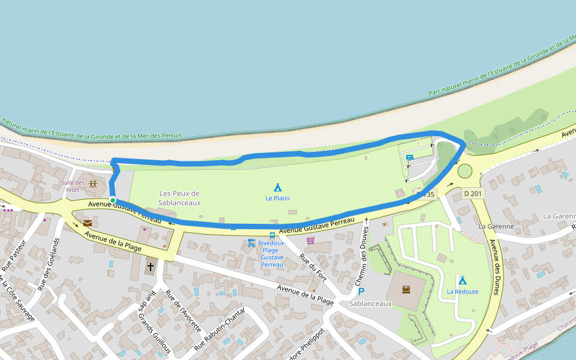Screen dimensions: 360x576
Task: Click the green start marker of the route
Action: (x=112, y=200)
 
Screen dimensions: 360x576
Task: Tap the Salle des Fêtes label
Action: (x=71, y=186)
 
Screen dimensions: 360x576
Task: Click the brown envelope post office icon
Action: (x=88, y=223)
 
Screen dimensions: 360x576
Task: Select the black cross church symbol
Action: (x=151, y=266)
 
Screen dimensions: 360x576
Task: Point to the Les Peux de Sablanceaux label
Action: (x=179, y=198)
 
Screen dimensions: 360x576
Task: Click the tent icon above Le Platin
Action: (x=277, y=187)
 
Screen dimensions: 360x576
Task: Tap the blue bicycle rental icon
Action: (x=251, y=243)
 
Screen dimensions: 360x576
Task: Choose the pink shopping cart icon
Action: (x=310, y=241)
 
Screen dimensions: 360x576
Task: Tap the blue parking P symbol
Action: (x=361, y=292)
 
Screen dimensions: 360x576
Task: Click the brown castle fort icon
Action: (x=406, y=289)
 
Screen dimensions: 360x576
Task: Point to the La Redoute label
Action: (x=463, y=292)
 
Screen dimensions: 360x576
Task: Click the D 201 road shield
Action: (x=473, y=193)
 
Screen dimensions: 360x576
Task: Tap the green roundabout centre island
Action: (x=465, y=172)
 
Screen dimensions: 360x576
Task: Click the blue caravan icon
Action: (x=409, y=158)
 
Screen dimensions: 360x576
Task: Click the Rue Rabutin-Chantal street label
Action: (x=220, y=329)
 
